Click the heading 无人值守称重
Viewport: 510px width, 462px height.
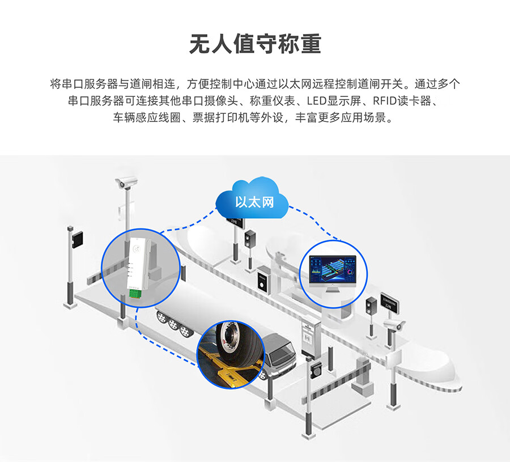tap(255, 44)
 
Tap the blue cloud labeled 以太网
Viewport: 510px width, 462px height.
tap(253, 198)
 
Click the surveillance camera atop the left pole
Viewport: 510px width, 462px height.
tap(126, 183)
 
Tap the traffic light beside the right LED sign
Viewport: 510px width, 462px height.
tap(372, 306)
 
